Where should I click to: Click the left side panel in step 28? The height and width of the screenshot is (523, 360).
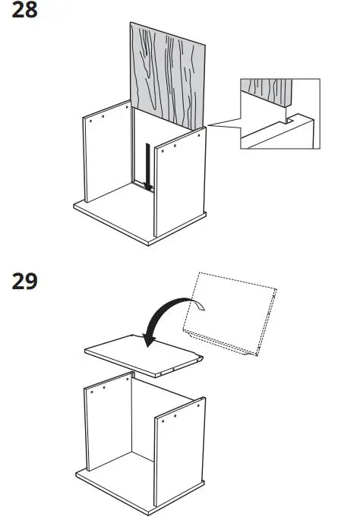pyautogui.click(x=106, y=152)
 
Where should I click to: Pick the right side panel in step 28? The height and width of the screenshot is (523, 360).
pyautogui.click(x=181, y=182)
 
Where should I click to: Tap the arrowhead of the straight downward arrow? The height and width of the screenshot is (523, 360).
pyautogui.click(x=149, y=185)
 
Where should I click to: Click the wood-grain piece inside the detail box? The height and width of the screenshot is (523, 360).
pyautogui.click(x=267, y=92)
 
